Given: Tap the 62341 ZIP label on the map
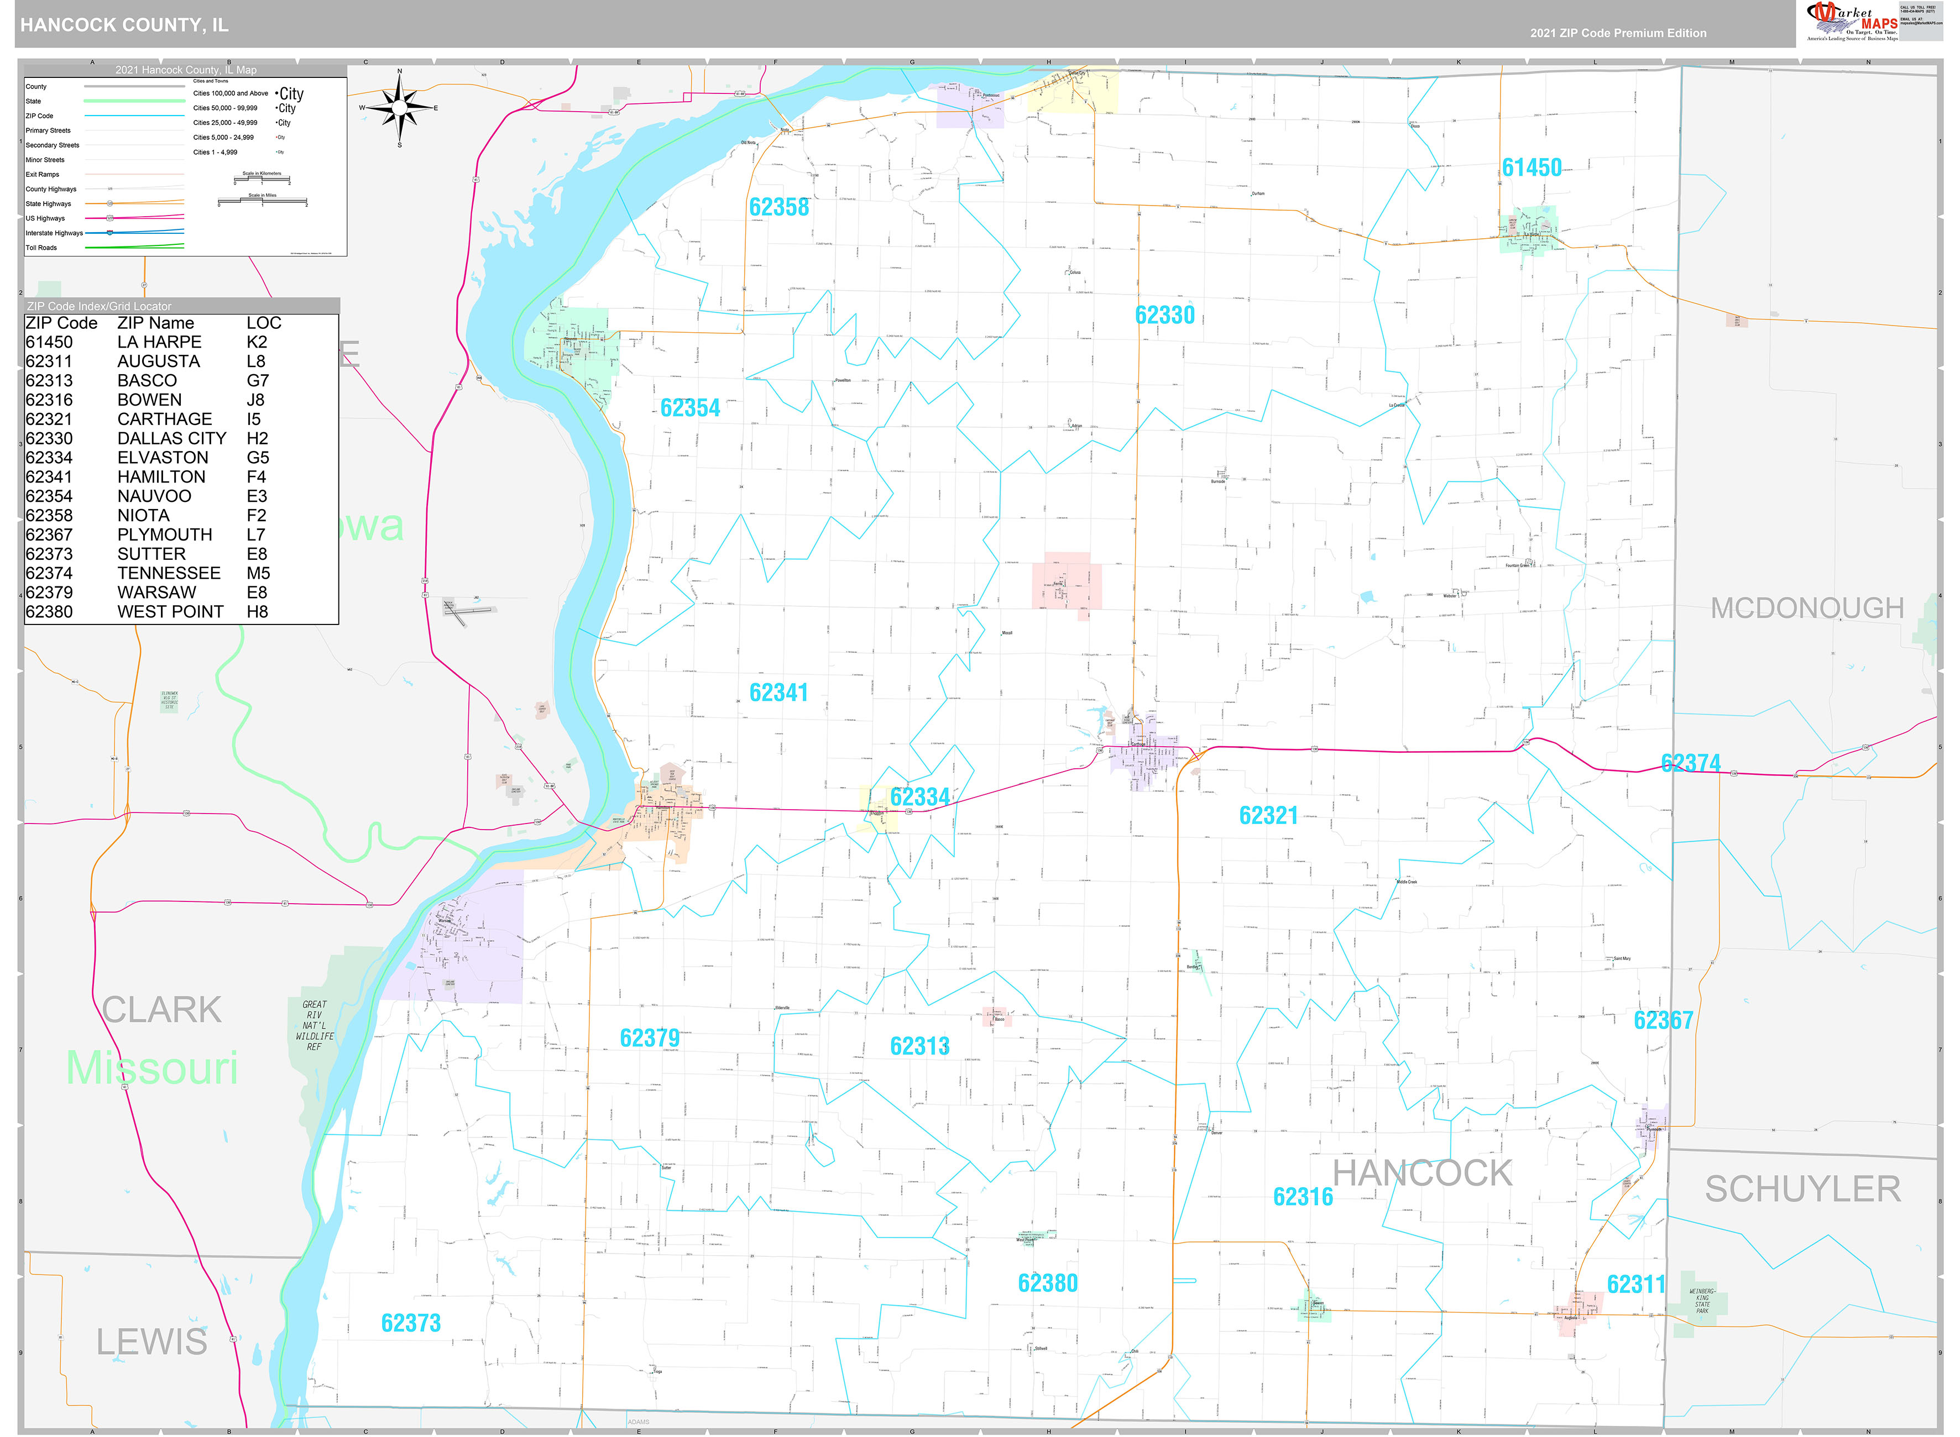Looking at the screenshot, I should [x=778, y=693].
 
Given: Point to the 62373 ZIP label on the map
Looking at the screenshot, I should [x=411, y=1323].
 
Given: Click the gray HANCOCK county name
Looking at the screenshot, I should [x=1423, y=1173].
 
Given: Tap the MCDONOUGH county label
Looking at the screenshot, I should [x=1807, y=608].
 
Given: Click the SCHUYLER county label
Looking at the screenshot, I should [x=1802, y=1189].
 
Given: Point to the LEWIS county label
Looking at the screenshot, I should [x=151, y=1342].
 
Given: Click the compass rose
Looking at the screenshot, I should [x=399, y=108].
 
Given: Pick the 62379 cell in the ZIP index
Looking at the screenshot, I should [x=50, y=592].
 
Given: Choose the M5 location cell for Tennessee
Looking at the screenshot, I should [x=258, y=573].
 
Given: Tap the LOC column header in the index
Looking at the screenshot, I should [x=264, y=323].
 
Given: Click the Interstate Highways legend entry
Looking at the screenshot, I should [x=54, y=233].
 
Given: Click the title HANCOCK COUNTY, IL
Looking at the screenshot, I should [x=124, y=25].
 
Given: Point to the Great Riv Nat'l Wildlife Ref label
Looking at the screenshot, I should [x=314, y=1026].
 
